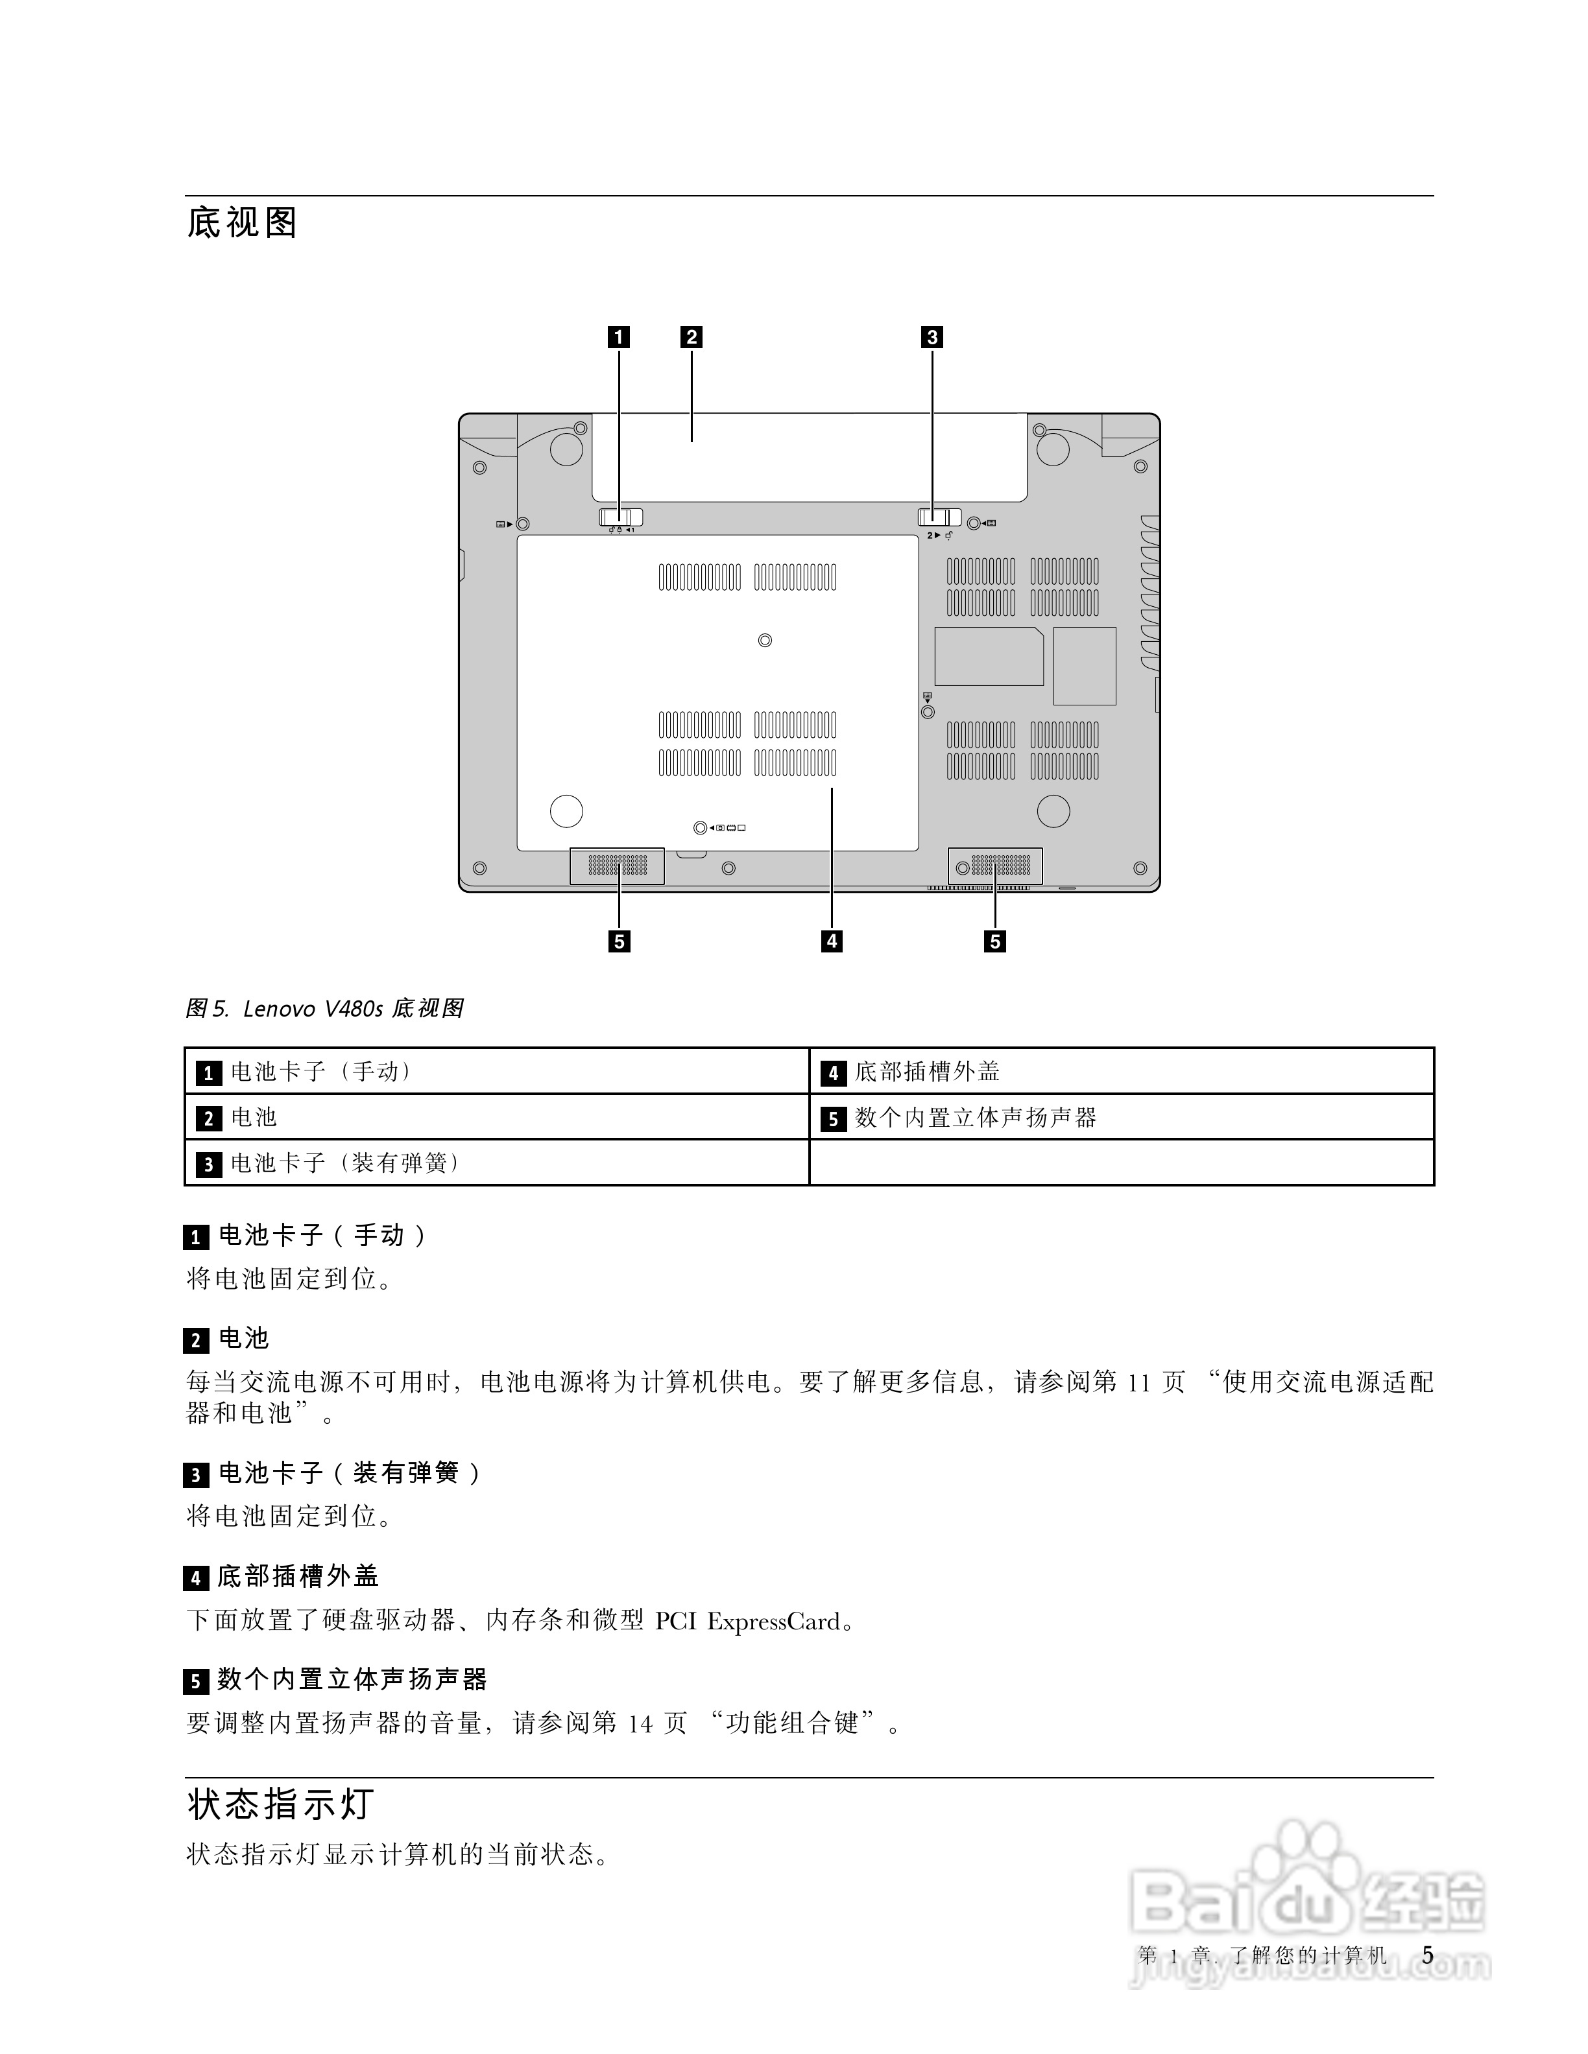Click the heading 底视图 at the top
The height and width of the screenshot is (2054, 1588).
tap(242, 223)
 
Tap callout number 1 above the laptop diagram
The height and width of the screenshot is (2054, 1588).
tap(619, 336)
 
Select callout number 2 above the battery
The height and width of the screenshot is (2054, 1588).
tap(692, 336)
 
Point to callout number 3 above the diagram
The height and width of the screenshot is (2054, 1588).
tap(932, 336)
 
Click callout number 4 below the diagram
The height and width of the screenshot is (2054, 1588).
tap(832, 941)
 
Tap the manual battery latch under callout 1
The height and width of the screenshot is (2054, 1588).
tap(621, 517)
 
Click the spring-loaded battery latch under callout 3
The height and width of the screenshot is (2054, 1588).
tap(939, 517)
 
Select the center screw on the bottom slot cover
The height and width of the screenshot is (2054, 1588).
tap(765, 641)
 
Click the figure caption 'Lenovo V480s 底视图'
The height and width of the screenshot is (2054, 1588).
tap(353, 1008)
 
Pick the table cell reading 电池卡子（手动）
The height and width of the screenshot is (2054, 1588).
tap(322, 1071)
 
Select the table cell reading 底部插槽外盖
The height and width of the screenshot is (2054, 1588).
tap(926, 1071)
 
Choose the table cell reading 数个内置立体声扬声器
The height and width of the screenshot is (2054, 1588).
tap(976, 1117)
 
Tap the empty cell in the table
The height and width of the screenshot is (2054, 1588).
tap(1122, 1163)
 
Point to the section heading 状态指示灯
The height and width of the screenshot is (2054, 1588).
tap(280, 1803)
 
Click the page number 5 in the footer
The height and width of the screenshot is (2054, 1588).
tap(1427, 1955)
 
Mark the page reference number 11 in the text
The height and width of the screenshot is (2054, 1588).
tap(1138, 1382)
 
